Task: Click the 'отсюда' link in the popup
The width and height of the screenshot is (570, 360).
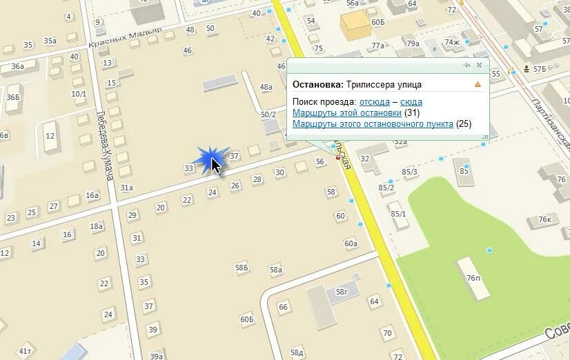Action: click(x=375, y=102)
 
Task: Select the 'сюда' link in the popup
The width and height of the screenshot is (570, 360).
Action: click(x=411, y=102)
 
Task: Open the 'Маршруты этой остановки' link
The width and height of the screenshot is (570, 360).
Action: click(x=347, y=113)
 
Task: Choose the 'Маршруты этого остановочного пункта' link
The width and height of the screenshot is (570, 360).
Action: click(x=373, y=124)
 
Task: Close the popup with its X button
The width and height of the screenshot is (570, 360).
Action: click(x=479, y=66)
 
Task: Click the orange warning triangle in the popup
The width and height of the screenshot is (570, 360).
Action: click(x=478, y=85)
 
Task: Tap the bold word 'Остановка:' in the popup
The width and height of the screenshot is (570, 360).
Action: click(x=317, y=85)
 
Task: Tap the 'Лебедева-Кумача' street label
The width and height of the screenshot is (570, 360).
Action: click(x=105, y=146)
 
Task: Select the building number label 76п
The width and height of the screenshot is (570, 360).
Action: click(x=473, y=278)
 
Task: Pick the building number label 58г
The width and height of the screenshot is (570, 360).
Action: click(x=342, y=292)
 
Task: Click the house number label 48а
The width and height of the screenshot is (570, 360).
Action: click(x=266, y=87)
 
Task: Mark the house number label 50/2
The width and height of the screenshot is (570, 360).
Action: click(x=268, y=114)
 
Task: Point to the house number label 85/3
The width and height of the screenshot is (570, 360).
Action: click(x=410, y=172)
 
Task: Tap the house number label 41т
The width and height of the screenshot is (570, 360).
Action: click(x=26, y=351)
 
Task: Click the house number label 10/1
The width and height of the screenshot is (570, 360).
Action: click(x=79, y=94)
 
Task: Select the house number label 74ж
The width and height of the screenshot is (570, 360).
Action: click(x=452, y=42)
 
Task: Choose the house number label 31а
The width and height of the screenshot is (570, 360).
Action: click(x=126, y=188)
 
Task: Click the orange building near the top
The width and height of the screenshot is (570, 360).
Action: click(x=355, y=26)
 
